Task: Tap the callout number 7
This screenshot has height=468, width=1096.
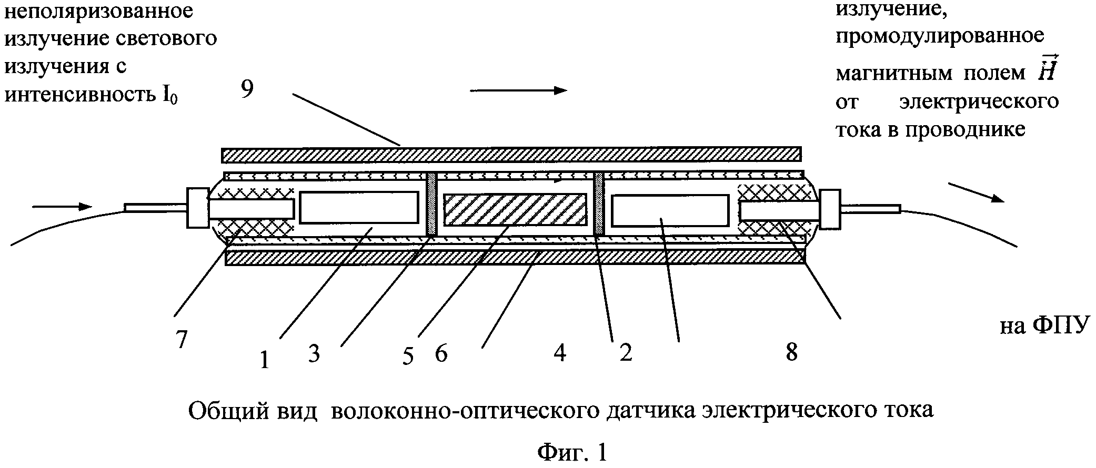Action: click(182, 340)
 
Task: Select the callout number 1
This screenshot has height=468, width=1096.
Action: click(265, 360)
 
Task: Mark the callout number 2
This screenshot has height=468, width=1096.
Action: click(626, 352)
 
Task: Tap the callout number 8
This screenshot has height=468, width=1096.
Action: click(791, 352)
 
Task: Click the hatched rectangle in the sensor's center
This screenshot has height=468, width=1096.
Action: click(516, 210)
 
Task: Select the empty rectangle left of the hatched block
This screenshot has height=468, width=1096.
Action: click(359, 208)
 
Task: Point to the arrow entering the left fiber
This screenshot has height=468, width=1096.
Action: click(62, 207)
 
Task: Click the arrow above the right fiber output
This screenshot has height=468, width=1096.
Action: click(977, 192)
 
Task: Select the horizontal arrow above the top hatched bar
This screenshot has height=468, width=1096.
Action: click(519, 90)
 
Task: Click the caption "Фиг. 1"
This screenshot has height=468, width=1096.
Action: click(572, 452)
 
